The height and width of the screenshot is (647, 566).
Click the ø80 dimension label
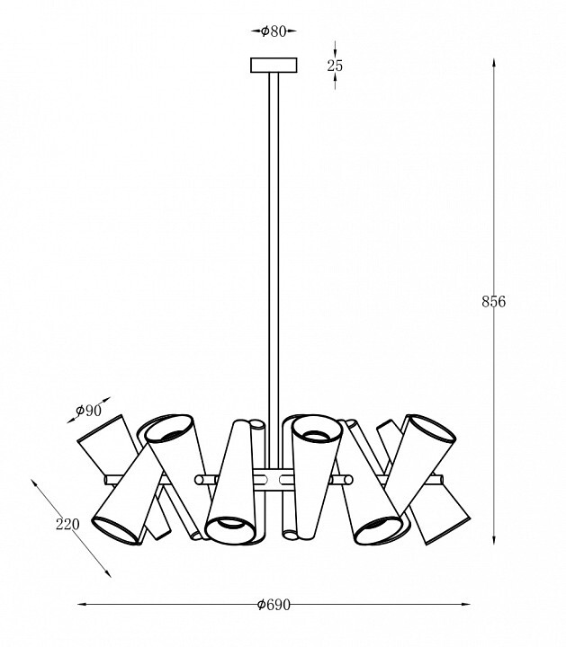point(274,31)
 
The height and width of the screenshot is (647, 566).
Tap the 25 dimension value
point(335,66)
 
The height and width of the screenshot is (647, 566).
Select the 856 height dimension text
point(493,302)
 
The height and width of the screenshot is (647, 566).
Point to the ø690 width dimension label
point(274,605)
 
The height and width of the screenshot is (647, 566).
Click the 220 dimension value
point(67,525)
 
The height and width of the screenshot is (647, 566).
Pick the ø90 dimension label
point(88,411)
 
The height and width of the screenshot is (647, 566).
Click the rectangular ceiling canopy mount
point(274,66)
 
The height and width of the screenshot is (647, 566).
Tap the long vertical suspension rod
point(274,270)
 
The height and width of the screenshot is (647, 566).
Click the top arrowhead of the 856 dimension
point(493,63)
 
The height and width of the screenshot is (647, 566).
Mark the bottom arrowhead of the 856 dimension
point(493,541)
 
